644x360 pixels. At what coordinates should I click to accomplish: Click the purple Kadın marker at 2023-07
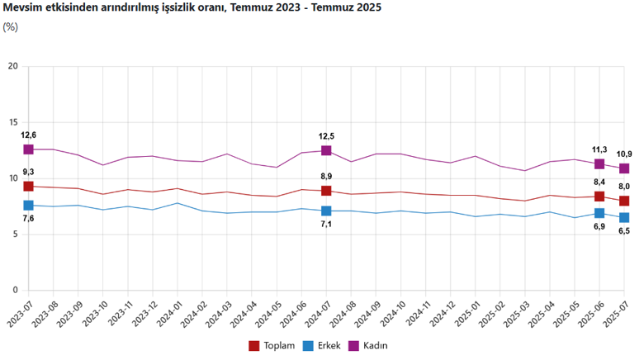click(x=29, y=149)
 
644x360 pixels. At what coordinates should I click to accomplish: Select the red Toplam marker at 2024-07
click(x=326, y=191)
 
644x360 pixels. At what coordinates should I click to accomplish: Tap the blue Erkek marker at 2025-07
click(x=624, y=217)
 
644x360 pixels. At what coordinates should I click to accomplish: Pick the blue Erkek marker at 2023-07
click(x=29, y=206)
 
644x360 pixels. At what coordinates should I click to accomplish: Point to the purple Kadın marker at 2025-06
click(x=599, y=163)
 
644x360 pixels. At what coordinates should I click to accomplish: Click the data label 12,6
click(x=29, y=135)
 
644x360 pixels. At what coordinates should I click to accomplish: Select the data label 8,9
click(x=326, y=177)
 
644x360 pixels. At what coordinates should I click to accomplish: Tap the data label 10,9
click(x=625, y=154)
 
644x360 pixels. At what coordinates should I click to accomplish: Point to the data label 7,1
click(x=326, y=225)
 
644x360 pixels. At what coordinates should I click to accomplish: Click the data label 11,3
click(x=599, y=149)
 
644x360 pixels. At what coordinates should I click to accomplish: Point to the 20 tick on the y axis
click(x=12, y=66)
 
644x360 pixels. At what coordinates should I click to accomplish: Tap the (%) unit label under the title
click(x=11, y=26)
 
